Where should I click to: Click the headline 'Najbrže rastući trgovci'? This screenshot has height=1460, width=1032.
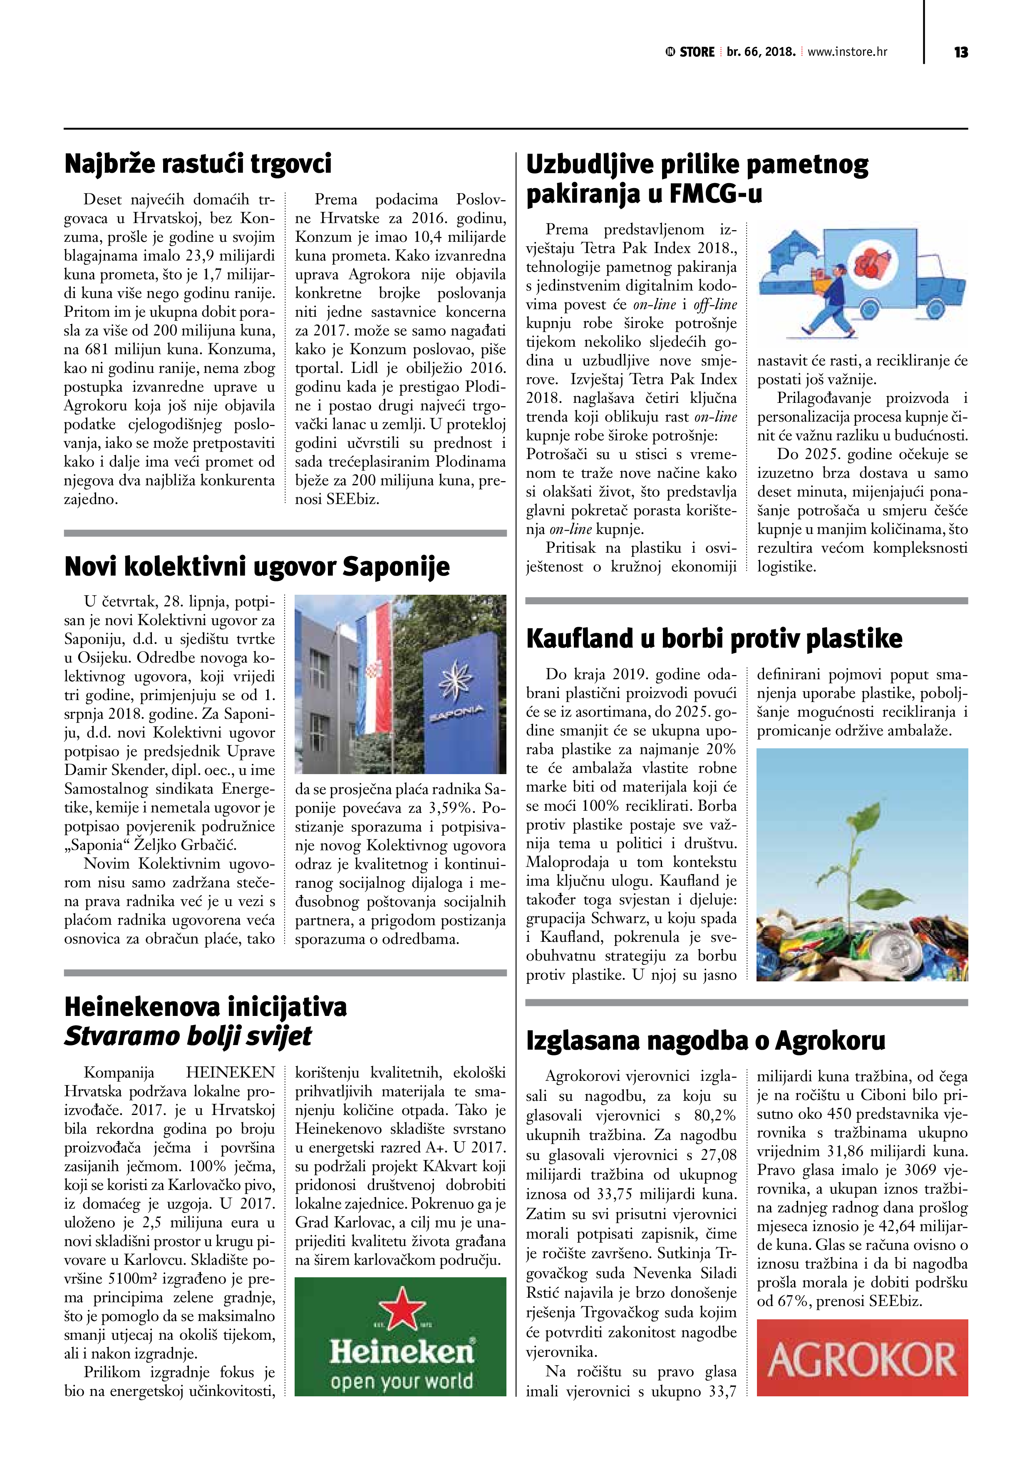198,164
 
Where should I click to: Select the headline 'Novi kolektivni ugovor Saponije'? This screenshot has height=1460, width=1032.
257,566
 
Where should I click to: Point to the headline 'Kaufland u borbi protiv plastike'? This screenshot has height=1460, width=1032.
714,638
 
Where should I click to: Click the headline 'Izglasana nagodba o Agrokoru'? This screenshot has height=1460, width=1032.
705,1041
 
